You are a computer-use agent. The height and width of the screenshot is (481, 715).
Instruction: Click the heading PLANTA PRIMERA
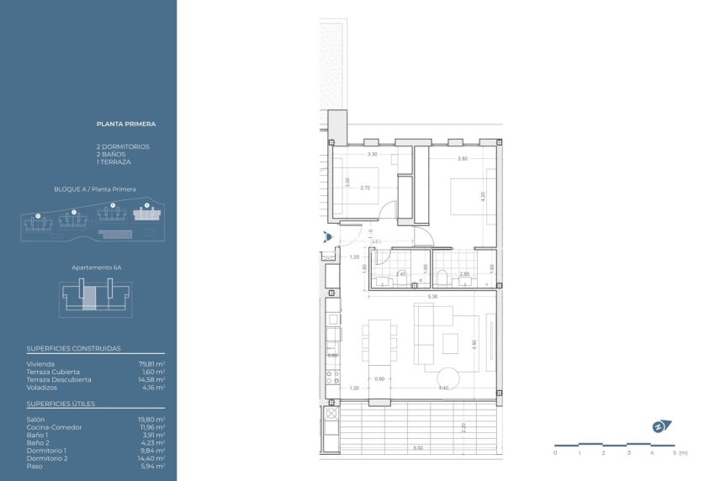126,124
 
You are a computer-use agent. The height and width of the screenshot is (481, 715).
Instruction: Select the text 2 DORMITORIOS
123,146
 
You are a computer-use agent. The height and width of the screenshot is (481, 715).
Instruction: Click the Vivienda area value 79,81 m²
151,364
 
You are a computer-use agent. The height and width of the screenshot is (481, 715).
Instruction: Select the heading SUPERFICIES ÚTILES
61,404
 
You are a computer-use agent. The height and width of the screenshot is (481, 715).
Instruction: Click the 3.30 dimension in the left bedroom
372,155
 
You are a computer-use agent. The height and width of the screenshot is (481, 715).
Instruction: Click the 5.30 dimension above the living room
432,296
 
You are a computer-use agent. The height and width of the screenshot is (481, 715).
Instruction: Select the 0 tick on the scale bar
555,452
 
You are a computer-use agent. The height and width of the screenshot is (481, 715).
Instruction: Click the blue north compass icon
659,426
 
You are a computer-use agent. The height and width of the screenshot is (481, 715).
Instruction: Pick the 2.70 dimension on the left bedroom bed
365,188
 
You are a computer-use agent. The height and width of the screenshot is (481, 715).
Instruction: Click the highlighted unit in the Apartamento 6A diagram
88,298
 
